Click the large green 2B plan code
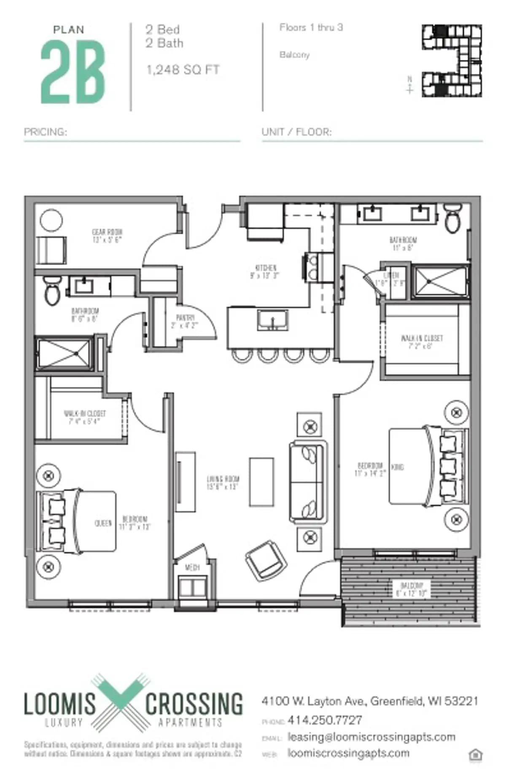[x=73, y=72]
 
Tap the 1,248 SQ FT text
[x=183, y=70]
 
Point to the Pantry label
[x=185, y=321]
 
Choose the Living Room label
[x=223, y=482]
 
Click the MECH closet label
[x=192, y=568]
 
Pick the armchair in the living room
[x=266, y=559]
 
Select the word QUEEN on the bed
[x=103, y=523]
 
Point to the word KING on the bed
[x=397, y=467]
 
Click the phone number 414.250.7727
[x=325, y=720]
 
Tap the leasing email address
[x=371, y=736]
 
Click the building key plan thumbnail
[x=452, y=61]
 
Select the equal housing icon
[x=475, y=755]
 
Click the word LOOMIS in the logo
[x=59, y=703]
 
